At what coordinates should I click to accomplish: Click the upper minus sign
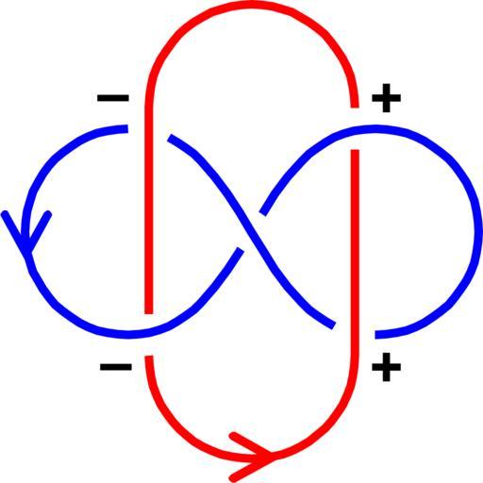(x=113, y=98)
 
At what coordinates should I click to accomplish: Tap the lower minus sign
(x=116, y=367)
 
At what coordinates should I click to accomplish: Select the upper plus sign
(x=386, y=98)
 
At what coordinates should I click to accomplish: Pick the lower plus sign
(x=386, y=367)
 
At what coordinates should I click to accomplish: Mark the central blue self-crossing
(x=251, y=232)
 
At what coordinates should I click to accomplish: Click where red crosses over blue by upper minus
(x=148, y=129)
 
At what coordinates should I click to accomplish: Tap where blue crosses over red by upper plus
(x=355, y=129)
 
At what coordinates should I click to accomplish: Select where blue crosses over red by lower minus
(x=148, y=333)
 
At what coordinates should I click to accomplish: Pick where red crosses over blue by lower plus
(x=355, y=333)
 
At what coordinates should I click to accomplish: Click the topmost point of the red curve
(x=252, y=5)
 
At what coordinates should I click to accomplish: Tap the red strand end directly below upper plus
(x=355, y=107)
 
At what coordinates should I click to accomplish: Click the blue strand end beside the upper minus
(x=126, y=128)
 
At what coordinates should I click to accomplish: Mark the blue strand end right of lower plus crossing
(x=376, y=335)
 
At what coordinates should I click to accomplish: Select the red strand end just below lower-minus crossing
(x=149, y=357)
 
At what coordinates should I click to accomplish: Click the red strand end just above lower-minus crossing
(x=148, y=313)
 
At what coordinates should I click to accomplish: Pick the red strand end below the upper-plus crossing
(x=355, y=151)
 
